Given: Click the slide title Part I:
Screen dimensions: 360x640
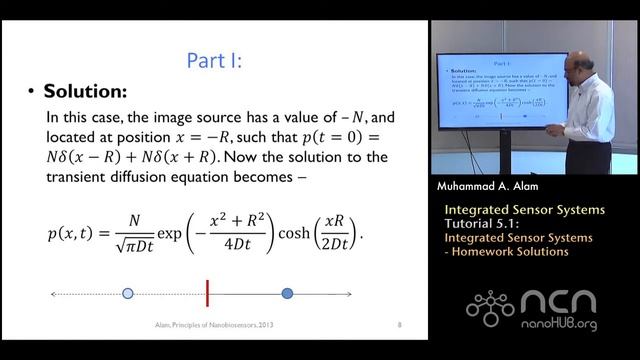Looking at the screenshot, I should tap(215, 61).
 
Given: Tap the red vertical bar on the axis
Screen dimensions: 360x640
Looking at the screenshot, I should tap(207, 293).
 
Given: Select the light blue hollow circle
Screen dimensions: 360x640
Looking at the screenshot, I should tap(127, 293).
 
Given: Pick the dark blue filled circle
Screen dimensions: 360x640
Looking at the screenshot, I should tap(287, 293).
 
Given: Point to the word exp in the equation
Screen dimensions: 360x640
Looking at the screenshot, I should tap(170, 236).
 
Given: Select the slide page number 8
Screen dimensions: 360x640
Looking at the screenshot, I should tap(400, 325).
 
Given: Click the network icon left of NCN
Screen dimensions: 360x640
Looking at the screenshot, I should tap(490, 308).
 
